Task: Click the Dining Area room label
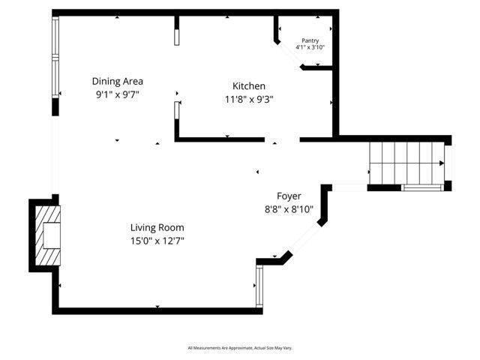point(118,81)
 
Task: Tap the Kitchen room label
point(248,86)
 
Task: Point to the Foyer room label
point(289,196)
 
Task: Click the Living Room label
point(157,227)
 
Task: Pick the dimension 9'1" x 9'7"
point(118,94)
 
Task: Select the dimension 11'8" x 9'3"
point(248,99)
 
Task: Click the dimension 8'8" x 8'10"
point(289,210)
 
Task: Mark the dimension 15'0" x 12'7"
point(157,241)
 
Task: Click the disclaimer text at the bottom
point(240,349)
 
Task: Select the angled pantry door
point(289,56)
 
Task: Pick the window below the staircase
point(421,187)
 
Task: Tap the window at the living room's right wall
point(259,286)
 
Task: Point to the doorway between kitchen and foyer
point(282,139)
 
